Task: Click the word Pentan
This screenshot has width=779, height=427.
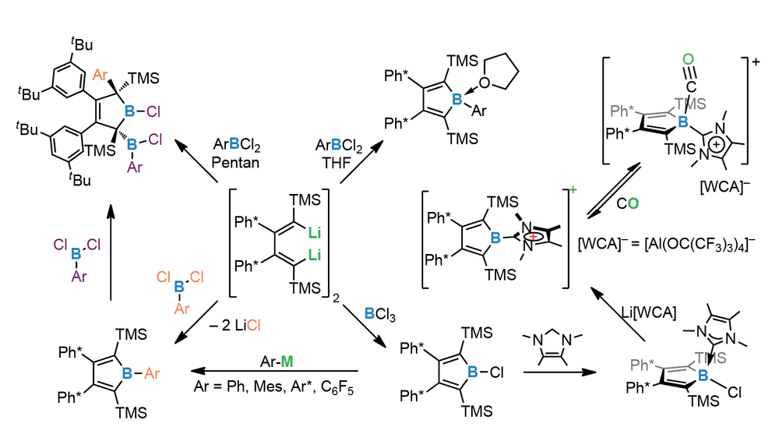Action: [235, 163]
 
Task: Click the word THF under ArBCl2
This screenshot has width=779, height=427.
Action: [337, 163]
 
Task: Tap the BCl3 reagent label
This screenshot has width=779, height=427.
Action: [379, 314]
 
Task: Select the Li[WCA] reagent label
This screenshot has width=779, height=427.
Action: [648, 312]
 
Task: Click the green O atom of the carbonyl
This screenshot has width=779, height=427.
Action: [688, 59]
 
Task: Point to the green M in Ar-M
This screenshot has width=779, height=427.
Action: [287, 362]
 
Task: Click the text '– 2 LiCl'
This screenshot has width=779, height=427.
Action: [235, 326]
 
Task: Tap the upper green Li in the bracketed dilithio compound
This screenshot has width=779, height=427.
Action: [315, 232]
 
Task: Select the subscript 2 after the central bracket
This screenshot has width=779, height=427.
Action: [337, 298]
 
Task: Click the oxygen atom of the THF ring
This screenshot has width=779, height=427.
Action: [485, 83]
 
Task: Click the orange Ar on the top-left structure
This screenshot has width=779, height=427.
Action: [100, 75]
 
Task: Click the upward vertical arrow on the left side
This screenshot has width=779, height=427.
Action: [111, 252]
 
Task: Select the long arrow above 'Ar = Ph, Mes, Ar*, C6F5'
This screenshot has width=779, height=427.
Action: [275, 371]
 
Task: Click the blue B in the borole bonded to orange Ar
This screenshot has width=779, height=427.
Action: [127, 372]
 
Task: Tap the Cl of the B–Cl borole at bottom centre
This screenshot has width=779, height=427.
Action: [497, 372]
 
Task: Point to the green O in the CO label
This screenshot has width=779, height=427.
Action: [633, 203]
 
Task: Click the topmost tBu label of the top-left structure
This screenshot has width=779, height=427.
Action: [82, 44]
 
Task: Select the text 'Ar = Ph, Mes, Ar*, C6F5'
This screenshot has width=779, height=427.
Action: [273, 386]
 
